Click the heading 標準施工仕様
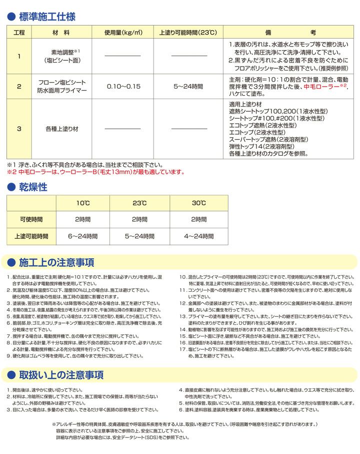47,17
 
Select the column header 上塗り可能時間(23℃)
188,33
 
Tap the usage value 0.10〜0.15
123,86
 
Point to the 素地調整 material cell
60,56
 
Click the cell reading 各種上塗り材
60,129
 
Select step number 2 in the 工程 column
18,86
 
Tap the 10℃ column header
83,203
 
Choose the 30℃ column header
198,203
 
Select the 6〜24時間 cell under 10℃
83,236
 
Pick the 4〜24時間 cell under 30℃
198,236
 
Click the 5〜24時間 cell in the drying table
141,236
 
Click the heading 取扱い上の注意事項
60,375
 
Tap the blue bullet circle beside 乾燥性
11,188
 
